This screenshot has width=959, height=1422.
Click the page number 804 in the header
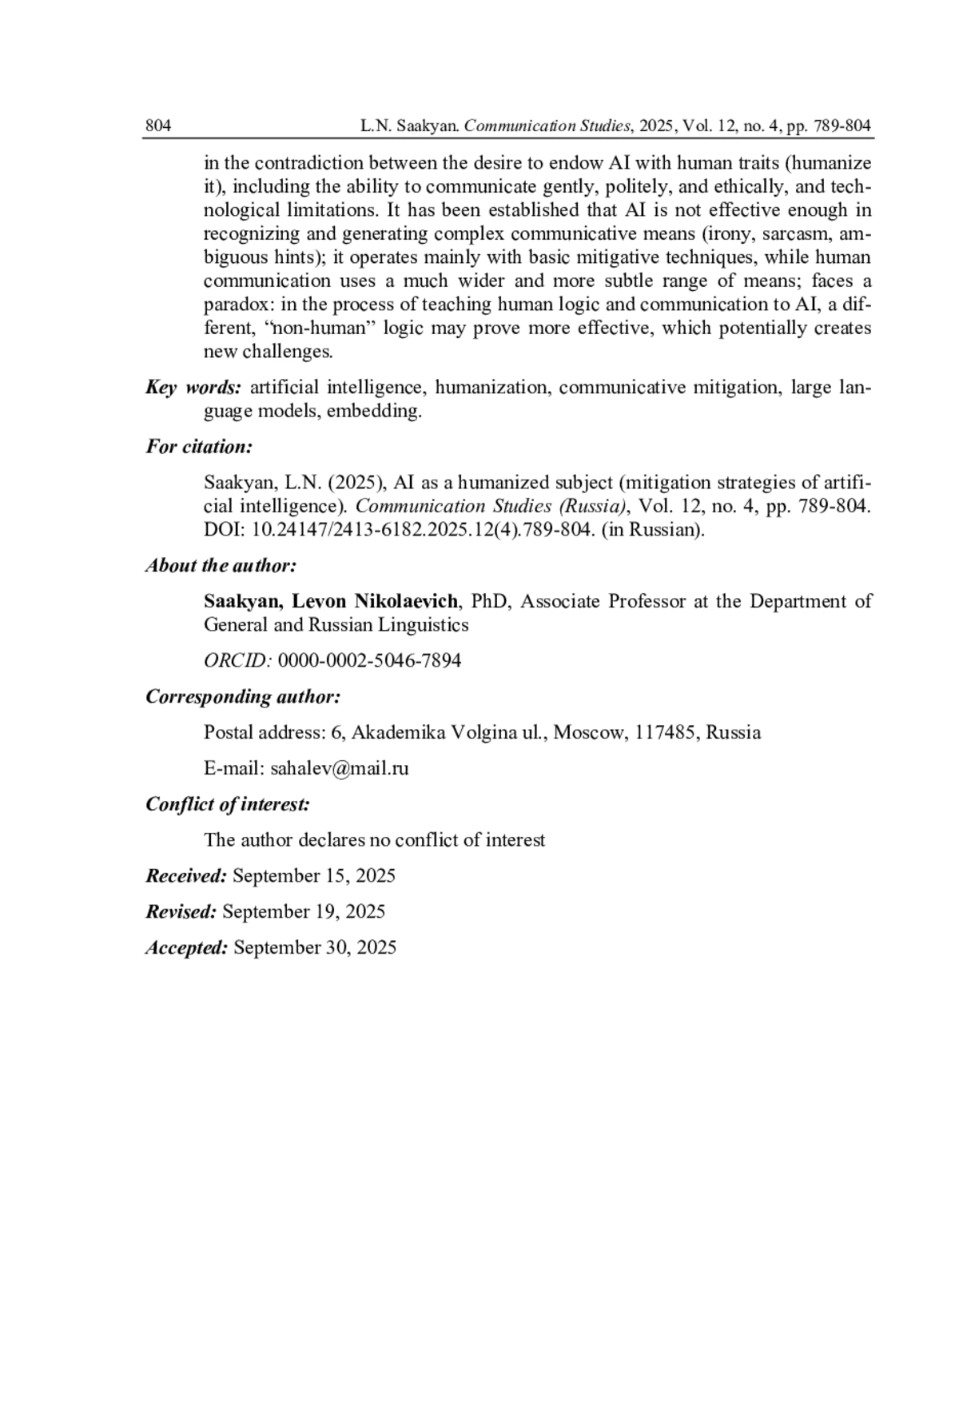click(158, 125)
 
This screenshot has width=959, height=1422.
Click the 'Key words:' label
click(193, 388)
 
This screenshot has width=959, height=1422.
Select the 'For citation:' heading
click(199, 447)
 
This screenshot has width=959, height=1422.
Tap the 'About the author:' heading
click(221, 566)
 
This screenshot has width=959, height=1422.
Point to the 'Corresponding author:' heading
click(243, 697)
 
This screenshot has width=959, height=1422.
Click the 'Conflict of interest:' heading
click(228, 804)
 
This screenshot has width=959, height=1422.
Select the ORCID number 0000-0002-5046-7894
click(369, 661)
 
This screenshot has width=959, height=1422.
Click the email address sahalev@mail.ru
click(340, 769)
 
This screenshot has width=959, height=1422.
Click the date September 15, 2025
click(314, 876)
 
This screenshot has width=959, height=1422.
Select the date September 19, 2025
click(304, 912)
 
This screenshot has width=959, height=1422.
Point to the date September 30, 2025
click(315, 948)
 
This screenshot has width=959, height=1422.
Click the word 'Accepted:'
click(187, 948)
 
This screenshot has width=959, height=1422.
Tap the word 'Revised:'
click(181, 912)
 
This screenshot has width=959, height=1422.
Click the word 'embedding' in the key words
click(372, 412)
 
